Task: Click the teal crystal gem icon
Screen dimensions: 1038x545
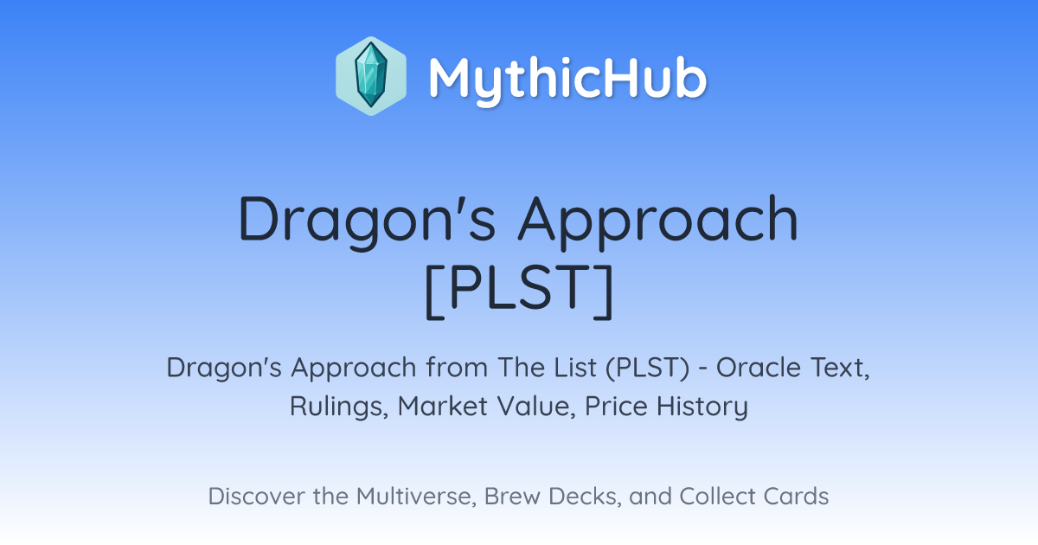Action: [x=371, y=76]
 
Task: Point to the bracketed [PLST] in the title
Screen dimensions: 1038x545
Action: [x=520, y=291]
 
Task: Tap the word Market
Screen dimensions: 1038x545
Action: [x=444, y=406]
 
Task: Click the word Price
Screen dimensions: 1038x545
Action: [x=616, y=406]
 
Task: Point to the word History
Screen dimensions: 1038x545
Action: [x=702, y=407]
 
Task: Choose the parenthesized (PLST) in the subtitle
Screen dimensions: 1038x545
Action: [x=647, y=368]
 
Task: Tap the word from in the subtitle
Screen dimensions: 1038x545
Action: [x=458, y=367]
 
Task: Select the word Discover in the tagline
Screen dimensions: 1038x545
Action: [x=256, y=496]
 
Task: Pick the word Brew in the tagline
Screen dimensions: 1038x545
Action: [x=512, y=496]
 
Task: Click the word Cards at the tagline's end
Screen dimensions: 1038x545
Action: [x=796, y=496]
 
